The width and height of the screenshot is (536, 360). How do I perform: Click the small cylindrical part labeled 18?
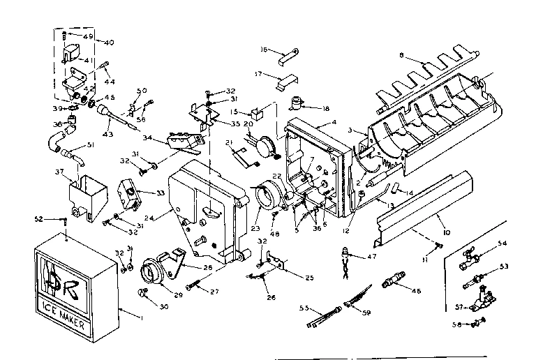[x=299, y=106]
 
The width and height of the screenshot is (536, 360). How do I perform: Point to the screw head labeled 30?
[x=145, y=293]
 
